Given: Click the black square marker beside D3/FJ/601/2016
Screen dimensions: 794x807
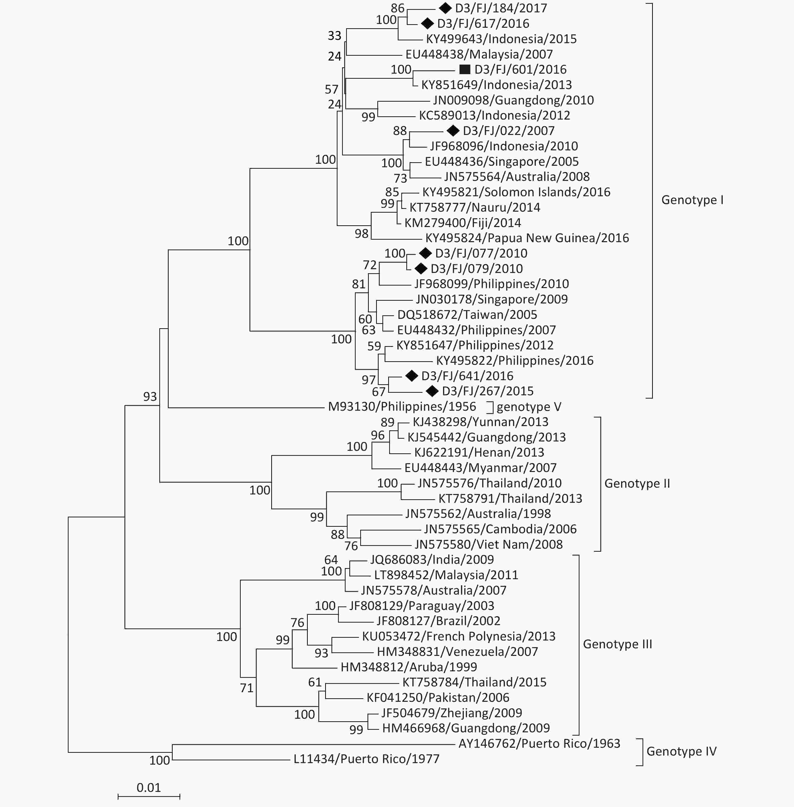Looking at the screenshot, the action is tap(465, 69).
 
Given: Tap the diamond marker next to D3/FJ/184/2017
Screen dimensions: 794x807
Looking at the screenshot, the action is tap(445, 8).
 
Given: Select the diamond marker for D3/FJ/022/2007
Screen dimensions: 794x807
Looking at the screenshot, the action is tap(453, 131).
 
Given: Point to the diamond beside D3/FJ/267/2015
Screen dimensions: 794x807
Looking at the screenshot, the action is tap(432, 391).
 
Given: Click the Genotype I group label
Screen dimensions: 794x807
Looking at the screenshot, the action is tap(692, 200).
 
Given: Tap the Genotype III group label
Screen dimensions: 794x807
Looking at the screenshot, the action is tap(618, 644).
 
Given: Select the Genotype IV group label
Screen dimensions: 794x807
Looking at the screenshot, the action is tap(681, 751).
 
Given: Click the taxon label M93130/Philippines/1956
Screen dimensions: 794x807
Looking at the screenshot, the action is tap(402, 406).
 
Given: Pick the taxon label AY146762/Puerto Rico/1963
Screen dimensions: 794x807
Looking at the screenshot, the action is tap(539, 744).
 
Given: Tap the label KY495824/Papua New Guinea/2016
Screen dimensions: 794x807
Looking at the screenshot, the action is tap(527, 238).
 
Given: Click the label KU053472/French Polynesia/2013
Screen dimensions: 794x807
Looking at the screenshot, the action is tap(459, 636).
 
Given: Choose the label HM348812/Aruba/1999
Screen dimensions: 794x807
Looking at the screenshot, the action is tap(409, 667).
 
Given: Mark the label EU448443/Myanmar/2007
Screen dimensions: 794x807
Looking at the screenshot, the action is tap(480, 468).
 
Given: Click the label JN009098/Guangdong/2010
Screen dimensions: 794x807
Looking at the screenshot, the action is tap(513, 100).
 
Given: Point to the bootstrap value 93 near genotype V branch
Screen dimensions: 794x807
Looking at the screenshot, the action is tap(150, 396).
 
